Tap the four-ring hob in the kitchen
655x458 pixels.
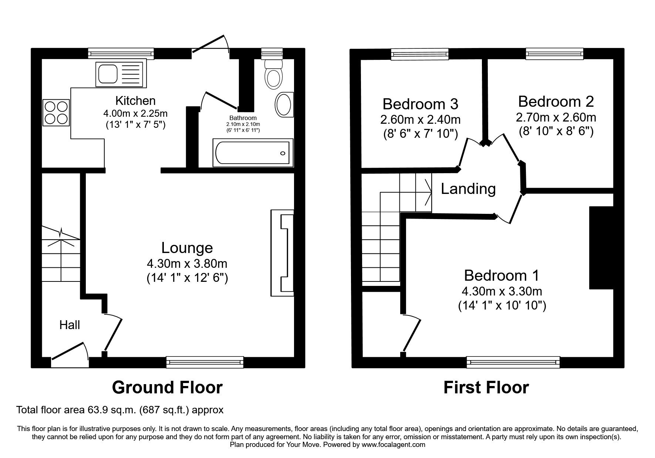tap(56, 113)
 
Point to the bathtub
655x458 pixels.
tap(253, 153)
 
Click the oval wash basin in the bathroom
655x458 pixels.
tap(284, 105)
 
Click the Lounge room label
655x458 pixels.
tap(187, 248)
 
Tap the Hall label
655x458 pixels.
tap(70, 325)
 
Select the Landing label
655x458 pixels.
tap(468, 189)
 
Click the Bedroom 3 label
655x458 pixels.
tap(421, 104)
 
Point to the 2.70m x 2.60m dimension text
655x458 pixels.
tap(556, 118)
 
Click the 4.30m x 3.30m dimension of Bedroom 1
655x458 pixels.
tap(502, 291)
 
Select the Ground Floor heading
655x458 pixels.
tap(167, 388)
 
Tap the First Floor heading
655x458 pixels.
tap(486, 388)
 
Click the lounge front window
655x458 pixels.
tap(205, 362)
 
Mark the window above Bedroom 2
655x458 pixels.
tap(555, 54)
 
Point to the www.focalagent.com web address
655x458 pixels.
tap(393, 445)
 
